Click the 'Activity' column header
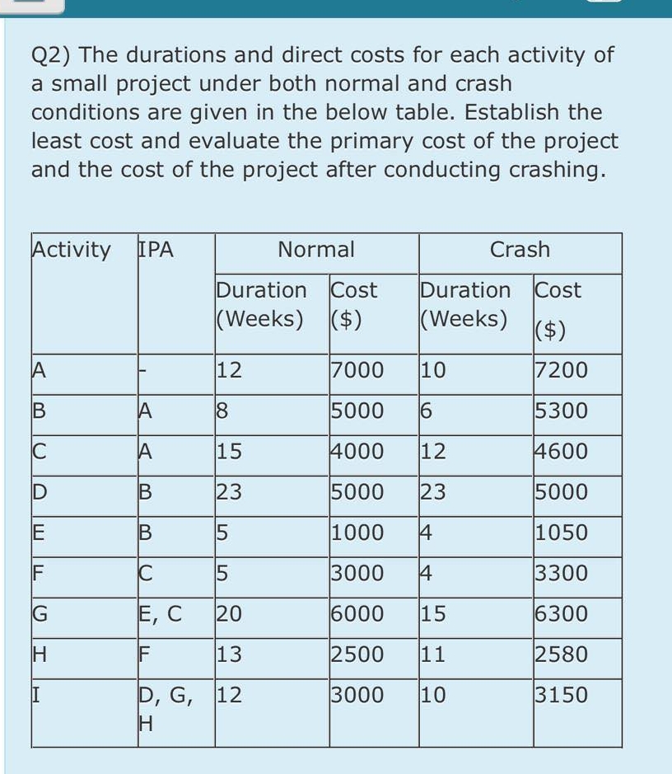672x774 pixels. [x=71, y=249]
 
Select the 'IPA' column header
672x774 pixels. [x=154, y=249]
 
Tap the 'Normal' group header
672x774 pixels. [x=316, y=249]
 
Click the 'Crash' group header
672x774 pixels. [x=520, y=249]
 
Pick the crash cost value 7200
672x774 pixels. [x=561, y=370]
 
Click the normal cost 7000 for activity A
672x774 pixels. [x=357, y=370]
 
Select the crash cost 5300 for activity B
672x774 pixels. [x=561, y=410]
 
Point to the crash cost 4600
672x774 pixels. [x=561, y=452]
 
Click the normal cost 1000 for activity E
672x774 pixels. [x=357, y=532]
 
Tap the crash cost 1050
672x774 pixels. [x=561, y=532]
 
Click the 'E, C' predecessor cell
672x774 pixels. [x=160, y=614]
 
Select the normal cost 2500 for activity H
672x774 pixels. [x=357, y=654]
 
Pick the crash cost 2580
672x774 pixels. [x=561, y=654]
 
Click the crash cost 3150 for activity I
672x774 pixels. [x=561, y=695]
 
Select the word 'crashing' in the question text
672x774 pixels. [x=553, y=170]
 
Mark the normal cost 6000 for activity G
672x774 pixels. [x=357, y=614]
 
